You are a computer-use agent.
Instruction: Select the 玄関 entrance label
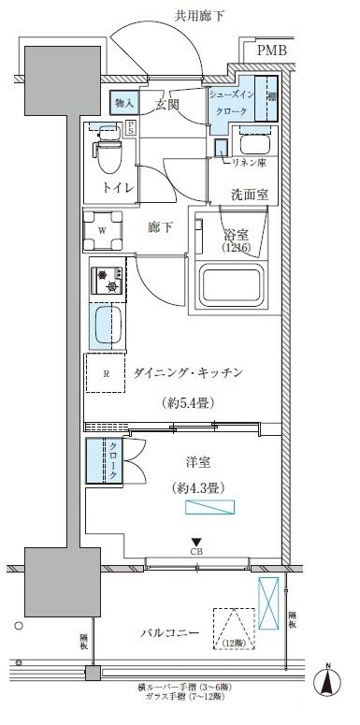coord(167,103)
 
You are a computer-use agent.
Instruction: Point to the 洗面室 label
coord(250,196)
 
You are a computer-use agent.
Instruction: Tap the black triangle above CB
coord(196,541)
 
